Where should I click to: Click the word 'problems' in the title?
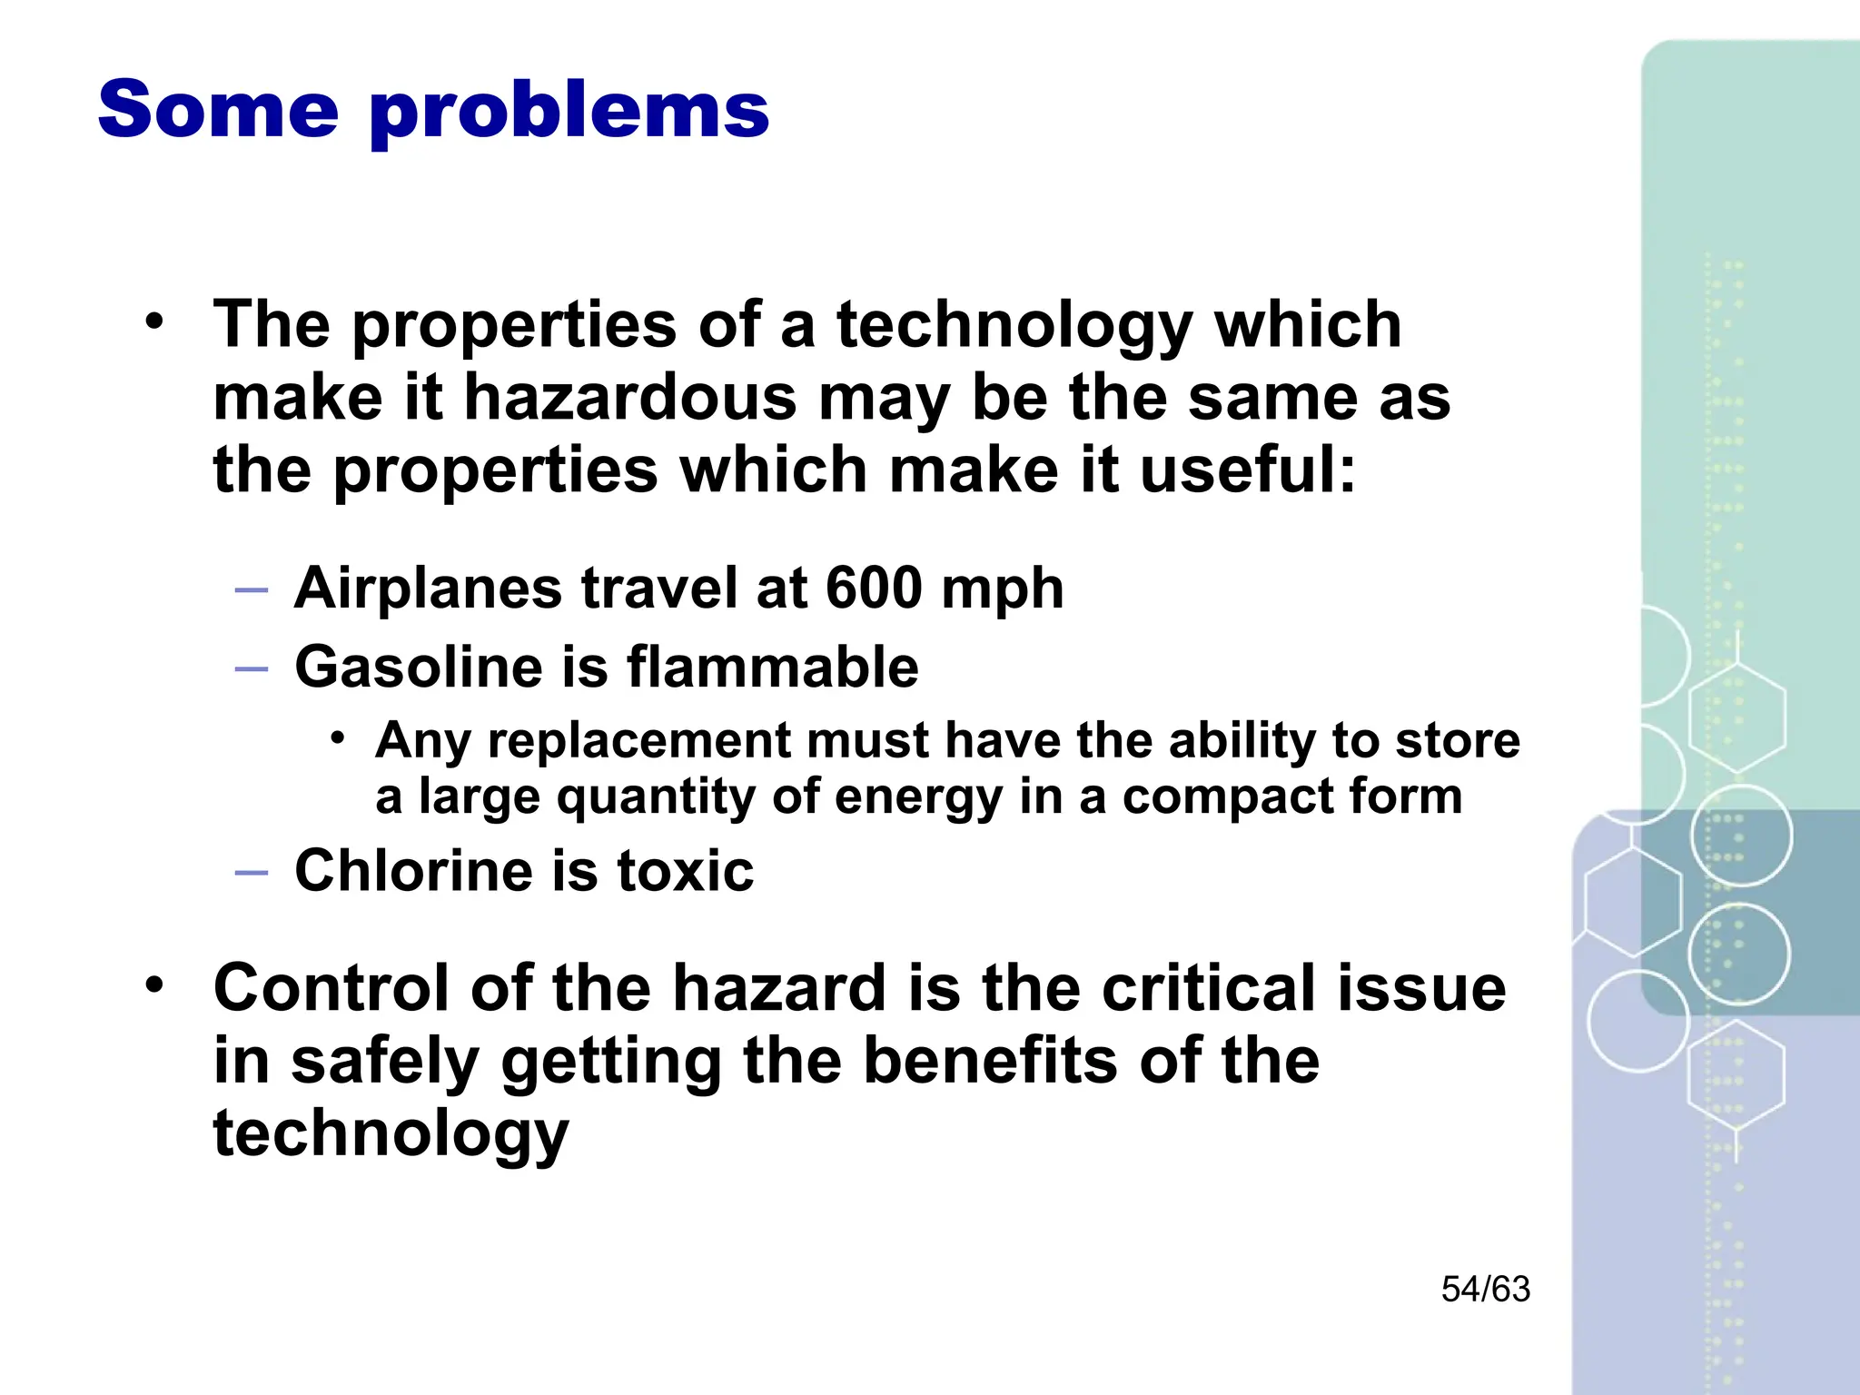click(569, 112)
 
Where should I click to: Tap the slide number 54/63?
click(1485, 1290)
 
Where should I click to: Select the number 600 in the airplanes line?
click(874, 588)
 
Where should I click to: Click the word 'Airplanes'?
click(428, 589)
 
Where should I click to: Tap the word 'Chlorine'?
click(413, 871)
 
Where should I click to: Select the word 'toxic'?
click(686, 871)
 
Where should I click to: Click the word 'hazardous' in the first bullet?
click(630, 399)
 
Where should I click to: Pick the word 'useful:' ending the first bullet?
click(1247, 470)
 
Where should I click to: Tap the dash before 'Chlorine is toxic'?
click(252, 873)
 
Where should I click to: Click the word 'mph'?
click(1002, 589)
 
